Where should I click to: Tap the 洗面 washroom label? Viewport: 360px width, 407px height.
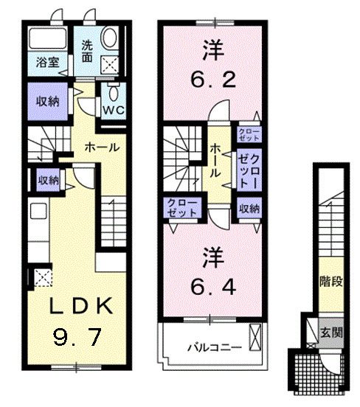coord(88,50)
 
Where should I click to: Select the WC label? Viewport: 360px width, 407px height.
coord(113,110)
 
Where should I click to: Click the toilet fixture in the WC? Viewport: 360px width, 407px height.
coord(114,92)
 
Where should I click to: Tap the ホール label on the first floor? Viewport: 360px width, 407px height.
coord(102,147)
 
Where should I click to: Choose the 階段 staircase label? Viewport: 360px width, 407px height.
coord(329,280)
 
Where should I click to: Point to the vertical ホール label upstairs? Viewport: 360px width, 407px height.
coord(215,160)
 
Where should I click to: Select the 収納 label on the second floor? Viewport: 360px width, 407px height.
coord(248,209)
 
